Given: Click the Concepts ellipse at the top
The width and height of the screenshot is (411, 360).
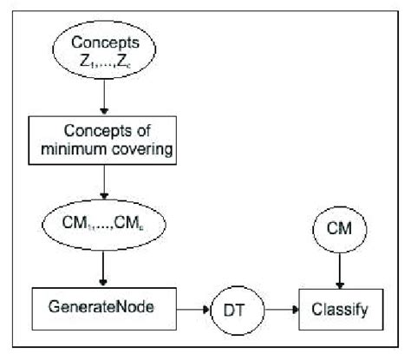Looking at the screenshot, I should coord(104,54).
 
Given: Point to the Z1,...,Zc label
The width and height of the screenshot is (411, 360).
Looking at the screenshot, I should coord(104,63).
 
